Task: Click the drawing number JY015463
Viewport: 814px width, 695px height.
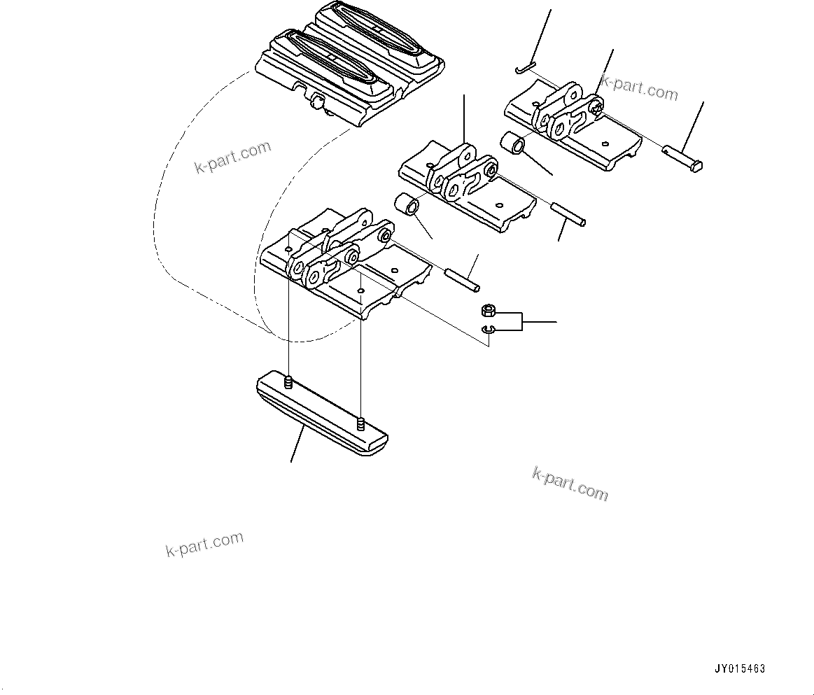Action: (740, 668)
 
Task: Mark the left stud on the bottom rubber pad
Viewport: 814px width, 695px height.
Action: (288, 382)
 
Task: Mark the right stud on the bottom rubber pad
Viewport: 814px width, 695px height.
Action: (360, 423)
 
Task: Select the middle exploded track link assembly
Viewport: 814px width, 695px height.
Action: (465, 185)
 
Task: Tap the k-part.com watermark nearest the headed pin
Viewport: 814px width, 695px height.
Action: (640, 88)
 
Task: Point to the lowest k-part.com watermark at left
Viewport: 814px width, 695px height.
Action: (204, 544)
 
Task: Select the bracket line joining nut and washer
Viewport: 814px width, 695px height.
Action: (521, 321)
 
